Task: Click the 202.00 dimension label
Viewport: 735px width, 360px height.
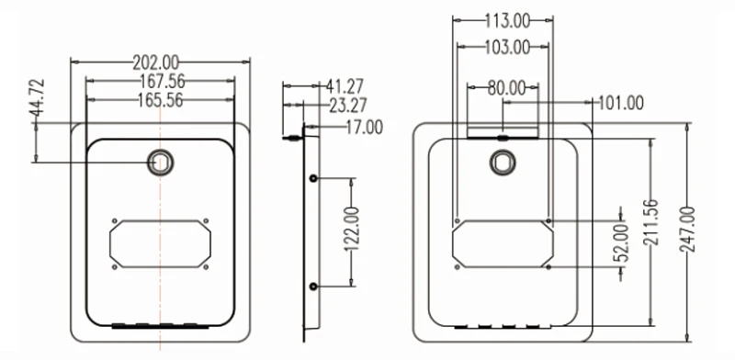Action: point(155,62)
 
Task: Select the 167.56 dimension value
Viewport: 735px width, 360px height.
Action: point(163,82)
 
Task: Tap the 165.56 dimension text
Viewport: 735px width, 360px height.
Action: point(160,100)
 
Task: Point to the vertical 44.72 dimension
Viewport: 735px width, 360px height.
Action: point(37,97)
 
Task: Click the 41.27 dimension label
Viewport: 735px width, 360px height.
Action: point(345,86)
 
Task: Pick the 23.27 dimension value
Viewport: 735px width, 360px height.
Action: point(348,106)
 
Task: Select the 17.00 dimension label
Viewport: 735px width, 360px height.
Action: point(364,128)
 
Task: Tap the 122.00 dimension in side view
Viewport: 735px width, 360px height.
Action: point(353,229)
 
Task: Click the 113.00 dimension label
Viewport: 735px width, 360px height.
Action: point(507,20)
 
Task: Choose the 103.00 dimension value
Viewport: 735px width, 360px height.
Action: point(507,48)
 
